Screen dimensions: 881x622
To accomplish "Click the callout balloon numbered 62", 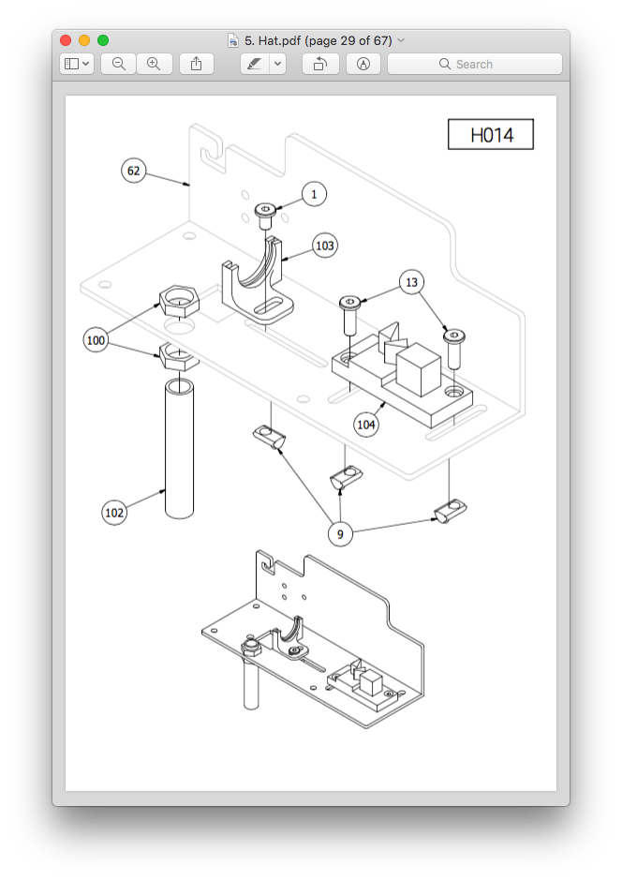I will coord(134,171).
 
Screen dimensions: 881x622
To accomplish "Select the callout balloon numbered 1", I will coord(314,194).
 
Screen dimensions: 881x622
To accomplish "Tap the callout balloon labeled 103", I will coord(324,246).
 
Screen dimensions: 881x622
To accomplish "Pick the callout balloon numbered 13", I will coord(410,282).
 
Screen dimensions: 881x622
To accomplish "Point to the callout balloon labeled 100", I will coord(96,340).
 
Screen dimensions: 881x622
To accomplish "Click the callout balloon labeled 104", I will coord(366,425).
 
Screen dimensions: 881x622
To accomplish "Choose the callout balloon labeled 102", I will coord(114,513).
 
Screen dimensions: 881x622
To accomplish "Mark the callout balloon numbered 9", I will coord(340,534).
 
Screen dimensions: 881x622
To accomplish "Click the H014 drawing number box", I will coord(491,135).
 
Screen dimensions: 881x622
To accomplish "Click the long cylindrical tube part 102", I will coord(179,450).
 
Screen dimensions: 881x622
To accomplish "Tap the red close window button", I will coord(66,40).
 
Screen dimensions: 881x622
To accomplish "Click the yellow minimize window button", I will coord(84,40).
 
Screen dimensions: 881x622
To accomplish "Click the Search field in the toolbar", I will coord(475,64).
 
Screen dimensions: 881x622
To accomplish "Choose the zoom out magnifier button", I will coord(119,64).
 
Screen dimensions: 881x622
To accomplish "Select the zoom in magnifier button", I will coord(154,64).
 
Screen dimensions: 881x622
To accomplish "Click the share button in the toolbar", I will coord(196,64).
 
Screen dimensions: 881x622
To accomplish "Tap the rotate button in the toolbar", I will coord(320,64).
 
